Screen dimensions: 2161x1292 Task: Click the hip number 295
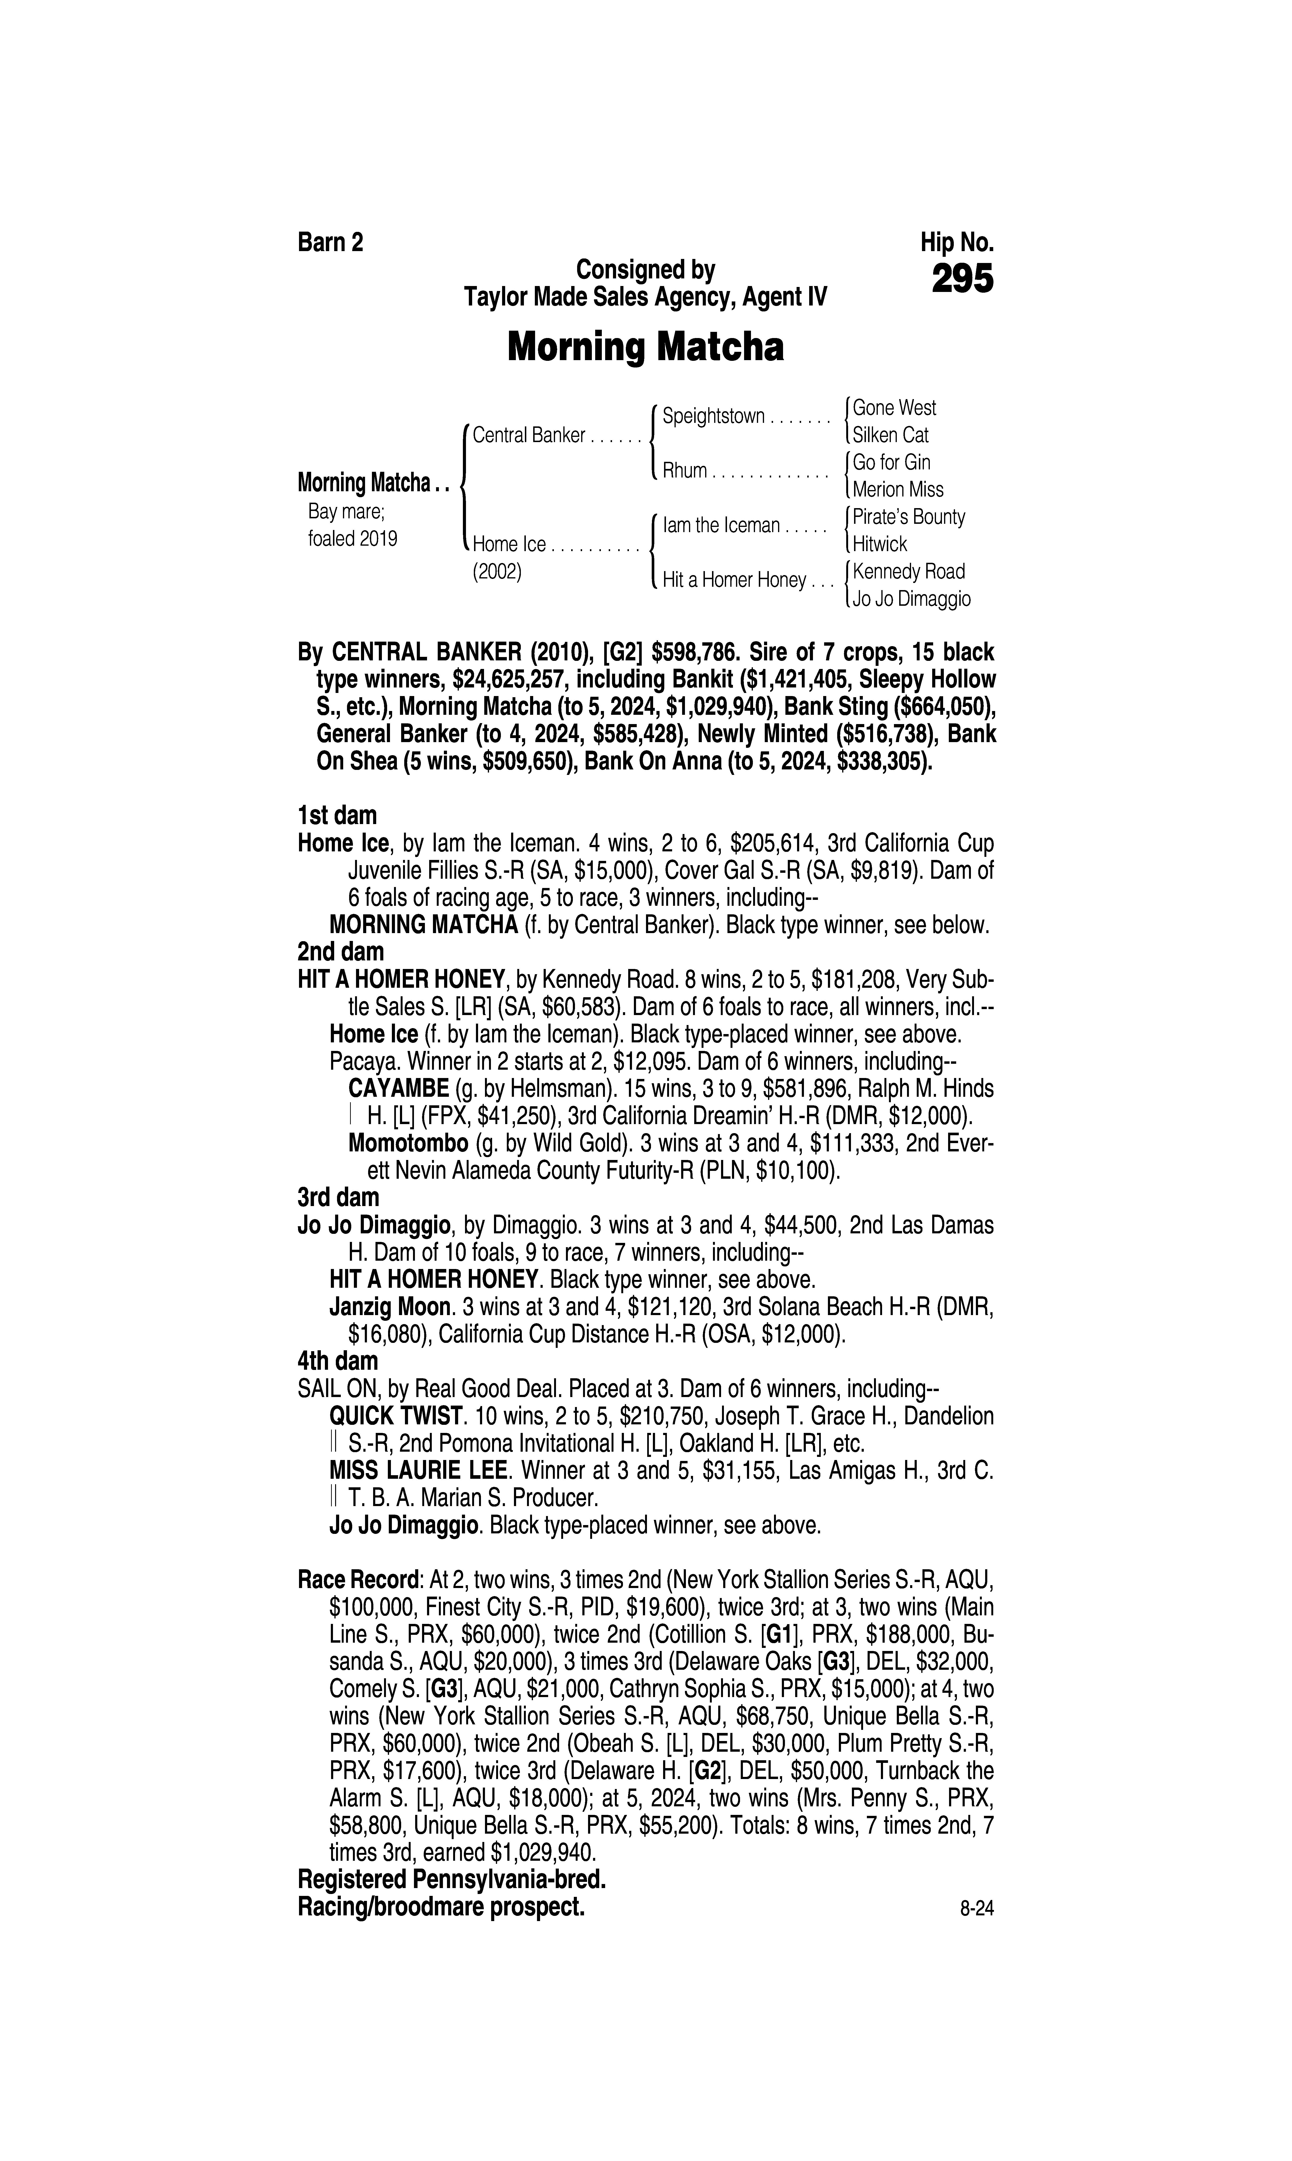click(962, 280)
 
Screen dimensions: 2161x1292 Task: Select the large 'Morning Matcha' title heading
click(645, 347)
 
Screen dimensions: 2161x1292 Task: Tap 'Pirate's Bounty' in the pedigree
click(909, 517)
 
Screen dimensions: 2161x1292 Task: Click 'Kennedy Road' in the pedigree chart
click(909, 572)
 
